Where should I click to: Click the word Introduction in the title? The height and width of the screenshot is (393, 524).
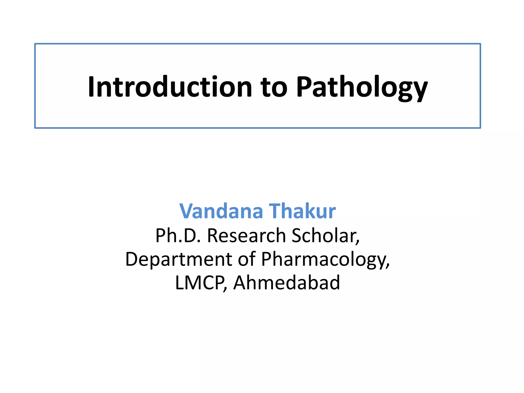(170, 87)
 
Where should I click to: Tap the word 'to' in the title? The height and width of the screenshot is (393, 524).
(274, 87)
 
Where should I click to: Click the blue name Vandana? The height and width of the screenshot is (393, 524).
(221, 211)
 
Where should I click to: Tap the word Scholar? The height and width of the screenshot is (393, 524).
(324, 235)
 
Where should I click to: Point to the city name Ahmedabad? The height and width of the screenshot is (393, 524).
(287, 282)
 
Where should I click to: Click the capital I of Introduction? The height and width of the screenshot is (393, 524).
(91, 87)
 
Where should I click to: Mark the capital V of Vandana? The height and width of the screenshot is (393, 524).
(187, 211)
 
